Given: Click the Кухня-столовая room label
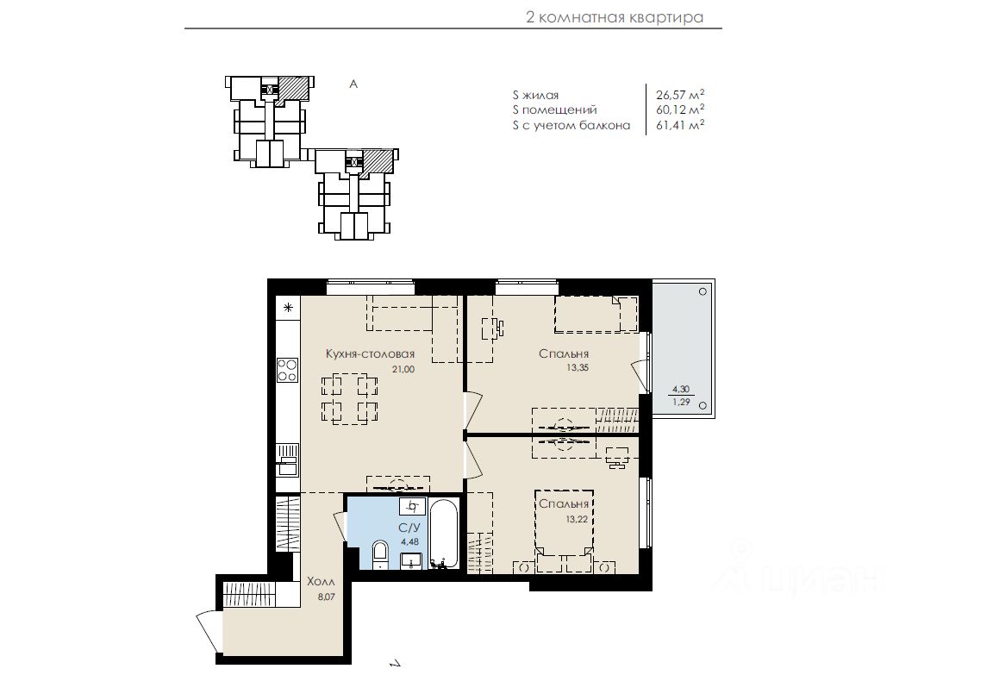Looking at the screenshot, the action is coord(370,354).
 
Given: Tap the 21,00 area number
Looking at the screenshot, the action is coord(403,369).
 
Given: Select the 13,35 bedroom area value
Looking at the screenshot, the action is coord(578,367).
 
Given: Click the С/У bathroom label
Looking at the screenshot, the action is coord(409,528).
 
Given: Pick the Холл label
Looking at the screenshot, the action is coord(321,581).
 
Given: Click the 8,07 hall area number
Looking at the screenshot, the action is coord(326,596).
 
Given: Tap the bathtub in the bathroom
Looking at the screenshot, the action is coord(443,533).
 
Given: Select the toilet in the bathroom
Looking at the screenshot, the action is coord(380,555).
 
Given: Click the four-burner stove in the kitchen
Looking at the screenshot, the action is coord(288,370).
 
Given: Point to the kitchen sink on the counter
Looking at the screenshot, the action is coord(288,460).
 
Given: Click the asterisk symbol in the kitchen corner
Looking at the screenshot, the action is coord(288,309).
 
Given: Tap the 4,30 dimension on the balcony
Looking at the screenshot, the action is coord(681,390).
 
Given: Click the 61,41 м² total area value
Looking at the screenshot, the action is coord(680,125).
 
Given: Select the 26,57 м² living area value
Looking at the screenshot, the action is coord(680,95).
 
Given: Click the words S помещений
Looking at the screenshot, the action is coord(555,110).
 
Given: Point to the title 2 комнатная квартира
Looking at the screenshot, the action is coord(615,17).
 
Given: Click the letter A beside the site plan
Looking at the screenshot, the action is coord(353,84).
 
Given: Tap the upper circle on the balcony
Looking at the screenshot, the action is coord(703,292).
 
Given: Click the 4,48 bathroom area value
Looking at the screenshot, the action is coord(409,542).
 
